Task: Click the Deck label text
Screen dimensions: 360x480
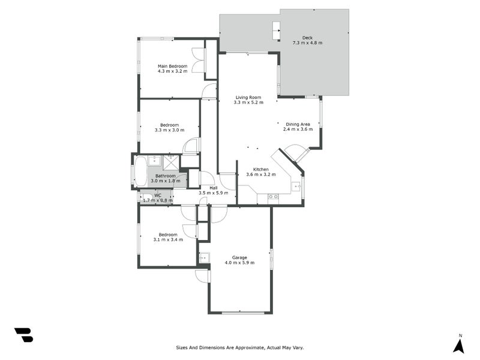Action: (x=307, y=37)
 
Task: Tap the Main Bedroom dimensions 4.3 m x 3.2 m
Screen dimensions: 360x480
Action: (x=172, y=71)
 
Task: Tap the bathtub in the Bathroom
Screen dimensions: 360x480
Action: (x=140, y=171)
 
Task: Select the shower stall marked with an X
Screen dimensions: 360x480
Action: (x=171, y=160)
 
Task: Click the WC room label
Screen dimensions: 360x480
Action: (x=158, y=195)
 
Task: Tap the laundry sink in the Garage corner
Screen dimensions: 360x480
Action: (x=204, y=258)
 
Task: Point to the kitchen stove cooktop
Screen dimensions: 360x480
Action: (x=273, y=196)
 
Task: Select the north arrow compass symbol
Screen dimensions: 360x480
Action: (x=459, y=345)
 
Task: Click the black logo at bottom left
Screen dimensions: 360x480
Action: (x=23, y=335)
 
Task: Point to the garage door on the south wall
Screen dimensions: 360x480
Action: (x=242, y=313)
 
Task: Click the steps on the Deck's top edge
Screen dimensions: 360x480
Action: (x=276, y=30)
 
